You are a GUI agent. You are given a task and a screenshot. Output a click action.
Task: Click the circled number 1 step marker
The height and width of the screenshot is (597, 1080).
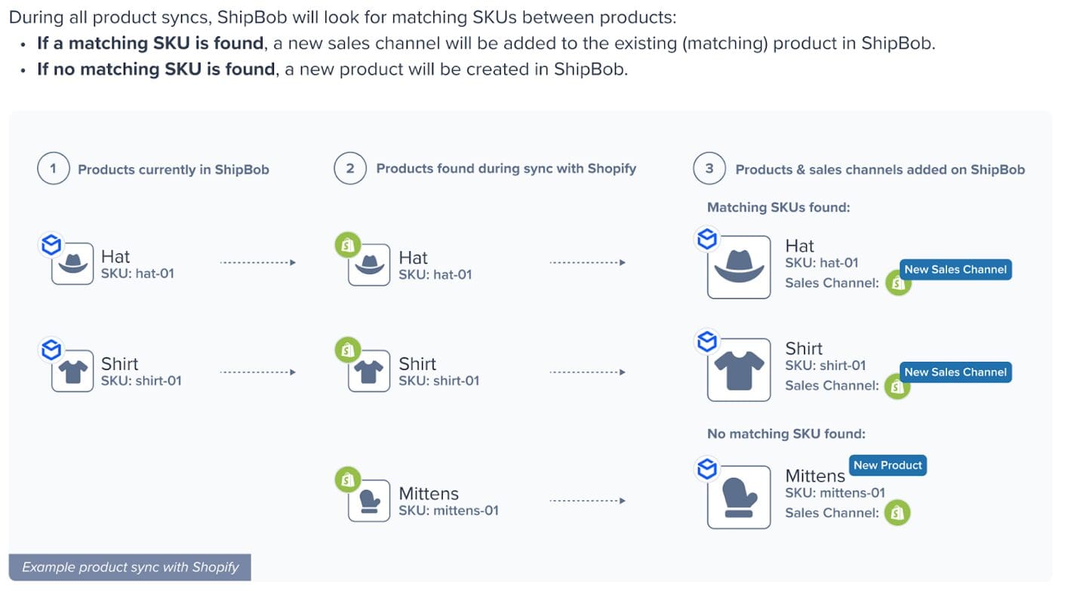(53, 169)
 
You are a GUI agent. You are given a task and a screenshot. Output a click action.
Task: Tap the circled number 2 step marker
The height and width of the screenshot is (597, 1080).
(349, 169)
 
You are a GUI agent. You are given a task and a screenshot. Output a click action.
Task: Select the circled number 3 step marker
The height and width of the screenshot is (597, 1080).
(709, 169)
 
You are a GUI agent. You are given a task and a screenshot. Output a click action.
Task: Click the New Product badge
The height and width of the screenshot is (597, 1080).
(888, 465)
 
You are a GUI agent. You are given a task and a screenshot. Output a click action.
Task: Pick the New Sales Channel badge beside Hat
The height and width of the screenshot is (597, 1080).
(955, 269)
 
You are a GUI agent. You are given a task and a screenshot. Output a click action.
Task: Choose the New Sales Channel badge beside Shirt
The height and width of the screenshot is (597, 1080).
(955, 372)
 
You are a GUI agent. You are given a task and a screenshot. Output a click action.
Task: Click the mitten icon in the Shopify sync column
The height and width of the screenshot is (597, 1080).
(369, 501)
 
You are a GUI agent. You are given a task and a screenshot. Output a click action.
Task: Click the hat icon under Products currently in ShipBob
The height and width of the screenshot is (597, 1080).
(72, 264)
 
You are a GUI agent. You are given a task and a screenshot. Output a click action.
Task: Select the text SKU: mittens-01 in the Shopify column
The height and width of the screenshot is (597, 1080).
(448, 510)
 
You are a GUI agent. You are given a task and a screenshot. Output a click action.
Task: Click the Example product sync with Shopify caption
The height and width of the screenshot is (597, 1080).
(130, 567)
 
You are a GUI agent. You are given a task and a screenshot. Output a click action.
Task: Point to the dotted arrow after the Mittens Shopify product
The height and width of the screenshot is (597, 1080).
(587, 501)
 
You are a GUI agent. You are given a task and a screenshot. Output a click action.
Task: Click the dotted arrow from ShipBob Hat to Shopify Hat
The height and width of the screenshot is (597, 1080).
(257, 262)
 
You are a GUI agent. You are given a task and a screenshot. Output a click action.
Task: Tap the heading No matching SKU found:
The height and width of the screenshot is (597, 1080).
(786, 433)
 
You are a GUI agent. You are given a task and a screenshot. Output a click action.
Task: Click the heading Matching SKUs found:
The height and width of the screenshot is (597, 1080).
(778, 207)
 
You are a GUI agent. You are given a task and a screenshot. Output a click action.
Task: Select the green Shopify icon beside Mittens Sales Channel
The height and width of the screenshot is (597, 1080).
(897, 513)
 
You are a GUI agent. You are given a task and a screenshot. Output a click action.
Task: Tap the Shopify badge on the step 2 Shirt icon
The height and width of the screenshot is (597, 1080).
(347, 350)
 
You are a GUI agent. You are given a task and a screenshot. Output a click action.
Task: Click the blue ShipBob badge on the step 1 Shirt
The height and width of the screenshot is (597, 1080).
(51, 350)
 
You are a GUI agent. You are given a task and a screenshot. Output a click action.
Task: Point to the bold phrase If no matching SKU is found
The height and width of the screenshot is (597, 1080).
(156, 69)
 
